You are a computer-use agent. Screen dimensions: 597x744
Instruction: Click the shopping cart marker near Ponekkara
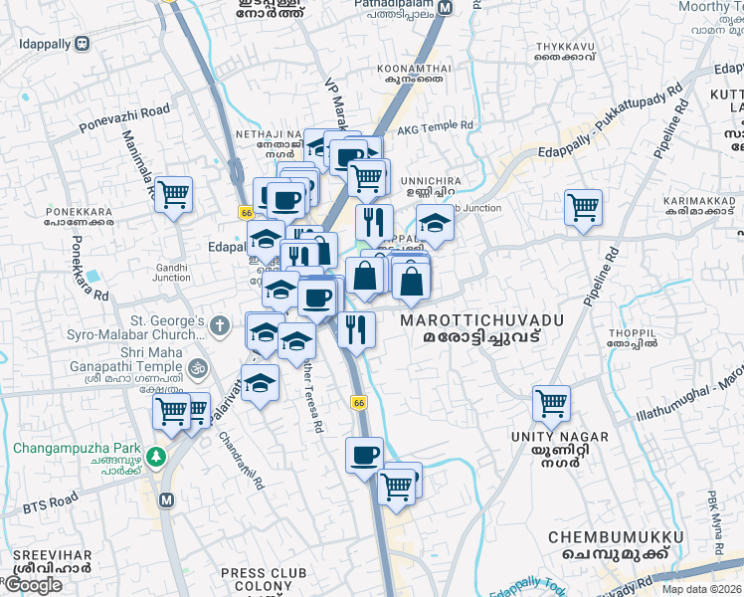click(x=173, y=194)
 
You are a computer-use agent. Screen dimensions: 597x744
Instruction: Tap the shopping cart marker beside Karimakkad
click(x=583, y=207)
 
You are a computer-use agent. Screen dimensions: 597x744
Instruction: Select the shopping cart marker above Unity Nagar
click(x=551, y=403)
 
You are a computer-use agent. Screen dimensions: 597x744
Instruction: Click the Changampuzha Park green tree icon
click(x=154, y=456)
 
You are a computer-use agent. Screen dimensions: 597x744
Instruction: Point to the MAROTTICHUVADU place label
click(x=481, y=320)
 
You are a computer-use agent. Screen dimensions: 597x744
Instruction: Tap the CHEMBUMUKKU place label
click(x=616, y=537)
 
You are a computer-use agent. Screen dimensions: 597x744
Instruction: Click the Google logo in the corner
click(x=33, y=585)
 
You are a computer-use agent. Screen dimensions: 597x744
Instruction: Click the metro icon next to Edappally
click(x=81, y=44)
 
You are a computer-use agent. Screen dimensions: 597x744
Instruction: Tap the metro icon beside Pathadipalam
click(x=446, y=7)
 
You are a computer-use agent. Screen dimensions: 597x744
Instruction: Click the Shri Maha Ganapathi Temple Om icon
click(x=198, y=366)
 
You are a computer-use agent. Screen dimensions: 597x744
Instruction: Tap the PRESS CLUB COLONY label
click(x=257, y=580)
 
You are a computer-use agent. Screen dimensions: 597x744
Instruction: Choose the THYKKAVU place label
click(x=567, y=47)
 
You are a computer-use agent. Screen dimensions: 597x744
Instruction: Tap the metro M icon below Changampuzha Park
click(x=165, y=498)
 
